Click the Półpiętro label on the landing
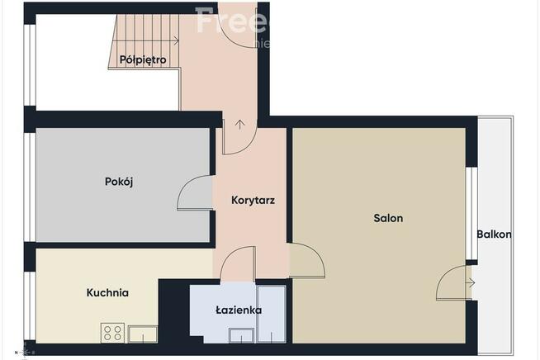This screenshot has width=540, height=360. coord(143,59)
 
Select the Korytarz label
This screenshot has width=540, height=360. coord(253,200)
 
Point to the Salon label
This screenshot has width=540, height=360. coord(388,219)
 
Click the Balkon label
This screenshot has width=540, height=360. coord(494,234)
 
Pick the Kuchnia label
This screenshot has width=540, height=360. coord(107,292)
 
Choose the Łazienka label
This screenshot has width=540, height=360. coord(239,310)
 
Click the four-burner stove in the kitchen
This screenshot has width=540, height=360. coord(112,334)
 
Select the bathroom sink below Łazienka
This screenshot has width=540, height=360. coord(242,334)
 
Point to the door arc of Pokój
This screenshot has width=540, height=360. coord(194,194)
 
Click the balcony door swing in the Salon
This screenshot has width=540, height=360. coord(452,284)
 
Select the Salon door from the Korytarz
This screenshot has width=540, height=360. coord(307,263)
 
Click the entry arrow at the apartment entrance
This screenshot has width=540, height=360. coord(239,126)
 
